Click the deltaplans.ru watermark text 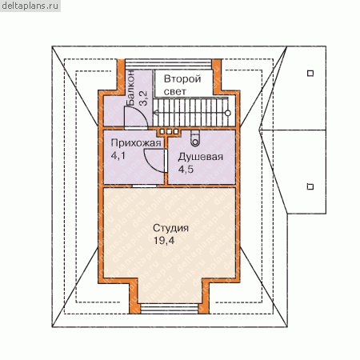tap(30, 6)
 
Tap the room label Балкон tap(130, 88)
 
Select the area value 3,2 tap(143, 98)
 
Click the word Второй tap(182, 79)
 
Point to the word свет tap(175, 92)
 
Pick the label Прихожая tap(136, 143)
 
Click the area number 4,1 tap(118, 156)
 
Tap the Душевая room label tap(201, 157)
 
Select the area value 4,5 tap(186, 170)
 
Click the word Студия tap(171, 228)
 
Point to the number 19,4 tap(164, 241)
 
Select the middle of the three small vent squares tap(169, 131)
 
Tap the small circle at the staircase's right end tap(228, 113)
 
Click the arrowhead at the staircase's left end tap(156, 113)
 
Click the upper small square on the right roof tap(310, 73)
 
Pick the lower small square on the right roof tap(310, 186)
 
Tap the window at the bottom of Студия tap(170, 309)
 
